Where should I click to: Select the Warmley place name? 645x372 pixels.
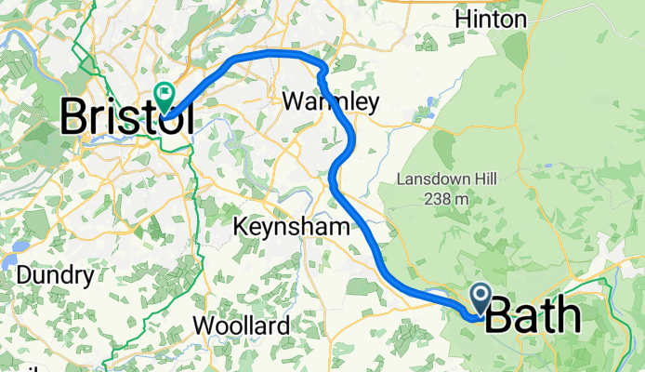point(332,102)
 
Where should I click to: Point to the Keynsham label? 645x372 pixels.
point(291,226)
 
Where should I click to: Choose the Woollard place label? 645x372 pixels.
point(241,325)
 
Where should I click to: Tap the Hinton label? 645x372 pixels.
point(492,20)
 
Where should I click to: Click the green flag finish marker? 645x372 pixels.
point(165,94)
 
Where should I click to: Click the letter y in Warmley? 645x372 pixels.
point(373,105)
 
